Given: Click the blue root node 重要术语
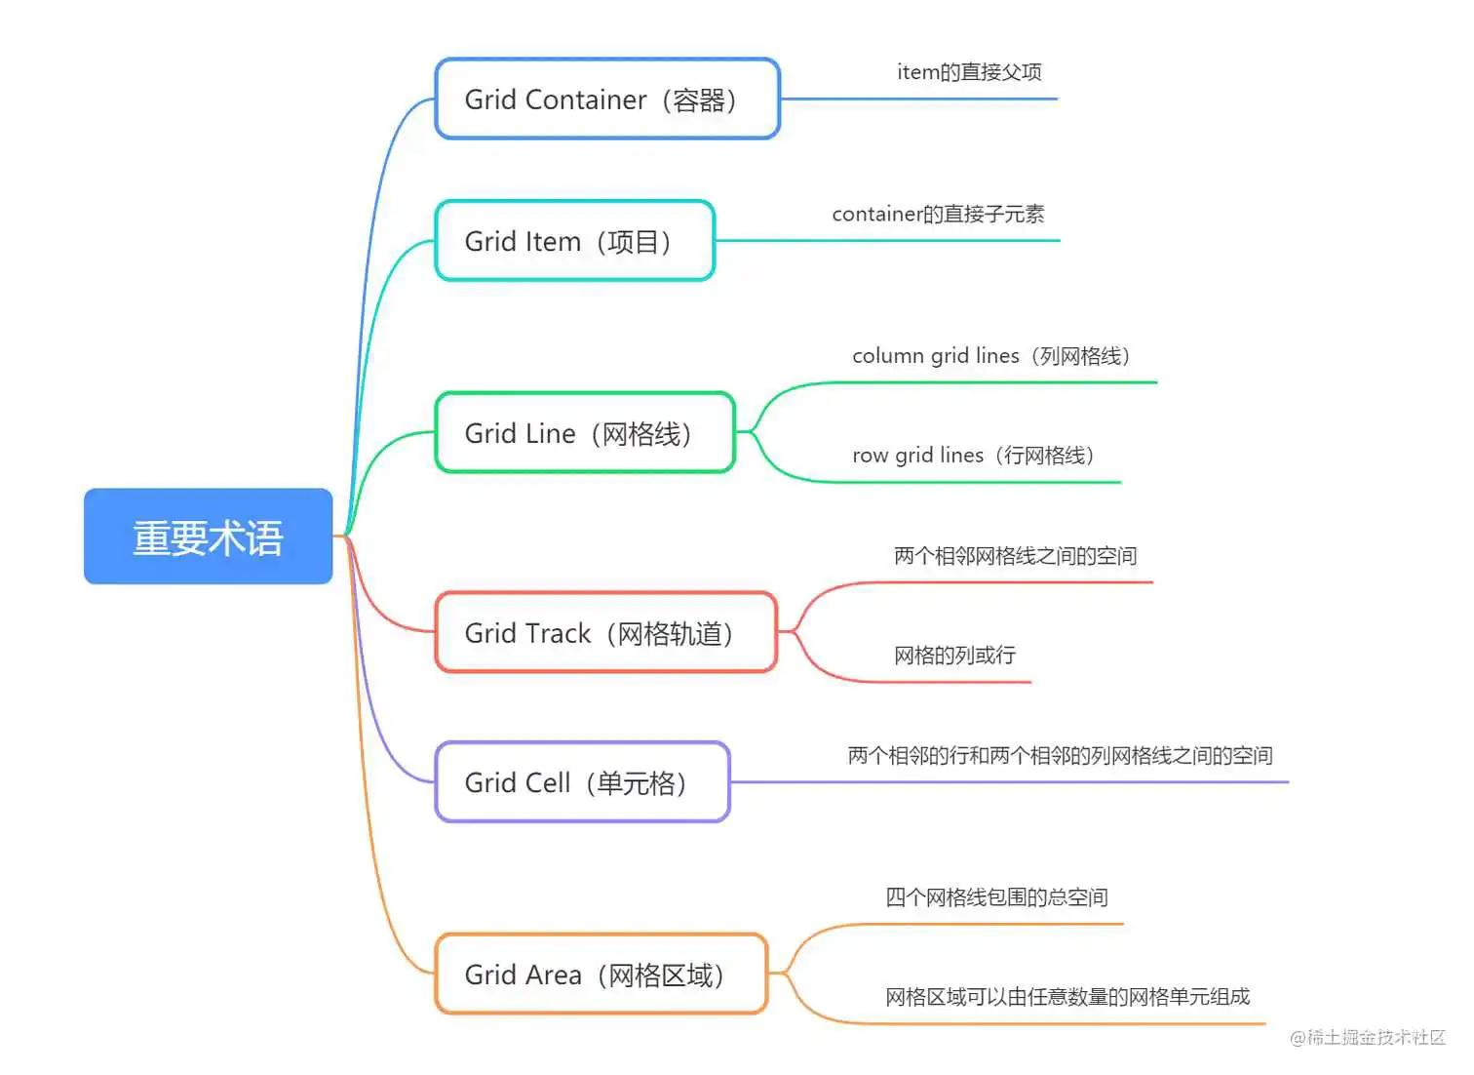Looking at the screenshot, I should point(208,537).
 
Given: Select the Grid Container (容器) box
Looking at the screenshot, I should point(606,99).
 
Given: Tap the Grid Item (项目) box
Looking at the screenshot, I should point(574,241).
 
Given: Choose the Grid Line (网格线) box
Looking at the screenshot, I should point(584,433).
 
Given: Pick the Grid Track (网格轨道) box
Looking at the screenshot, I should point(605,633).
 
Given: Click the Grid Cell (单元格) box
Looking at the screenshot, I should point(582,782).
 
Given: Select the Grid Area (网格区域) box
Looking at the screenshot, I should point(601,975).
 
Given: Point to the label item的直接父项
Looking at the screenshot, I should point(969,72).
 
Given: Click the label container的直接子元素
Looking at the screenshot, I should point(938,215).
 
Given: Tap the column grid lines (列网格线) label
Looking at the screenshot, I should point(990,356).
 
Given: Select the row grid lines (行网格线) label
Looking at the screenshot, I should point(973,456).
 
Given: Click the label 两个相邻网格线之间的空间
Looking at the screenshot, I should point(1015,556).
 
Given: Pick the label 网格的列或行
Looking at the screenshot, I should point(954,656).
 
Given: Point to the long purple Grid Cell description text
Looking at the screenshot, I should point(1060,756).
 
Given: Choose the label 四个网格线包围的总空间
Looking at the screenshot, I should point(996,897).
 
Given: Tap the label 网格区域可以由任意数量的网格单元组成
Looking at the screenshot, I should point(1067,997).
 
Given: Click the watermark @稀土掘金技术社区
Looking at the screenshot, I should point(1368,1038).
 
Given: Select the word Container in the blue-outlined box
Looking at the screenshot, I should point(585,100).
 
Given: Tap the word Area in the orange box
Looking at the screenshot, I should point(553,975).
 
